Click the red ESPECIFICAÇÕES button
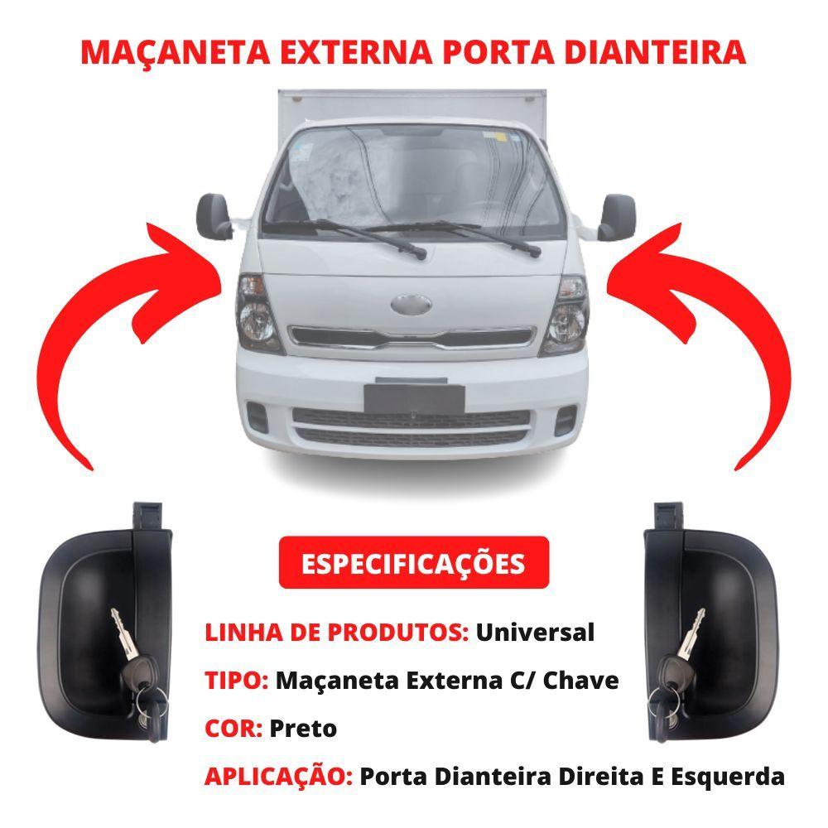413,563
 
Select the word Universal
535,632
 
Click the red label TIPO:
237,680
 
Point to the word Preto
303,729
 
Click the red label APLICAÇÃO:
279,777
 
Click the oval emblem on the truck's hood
411,304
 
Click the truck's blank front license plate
414,399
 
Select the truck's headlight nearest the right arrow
565,316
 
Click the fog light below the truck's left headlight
258,416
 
